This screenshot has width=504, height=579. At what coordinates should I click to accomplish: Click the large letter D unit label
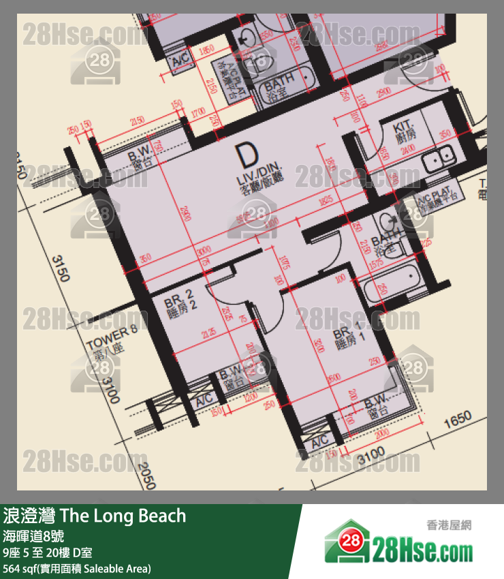245,157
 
